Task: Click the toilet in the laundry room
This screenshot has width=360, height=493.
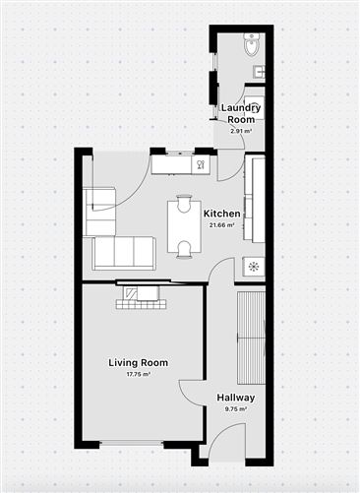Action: tap(252, 43)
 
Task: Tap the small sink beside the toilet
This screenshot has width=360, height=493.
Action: tap(259, 71)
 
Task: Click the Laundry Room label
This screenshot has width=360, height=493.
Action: tap(241, 112)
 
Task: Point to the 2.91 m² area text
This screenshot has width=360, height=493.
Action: tap(241, 130)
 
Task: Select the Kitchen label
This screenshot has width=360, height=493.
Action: tap(222, 214)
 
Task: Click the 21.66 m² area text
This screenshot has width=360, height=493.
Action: tap(222, 225)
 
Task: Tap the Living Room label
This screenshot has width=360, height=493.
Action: tap(138, 363)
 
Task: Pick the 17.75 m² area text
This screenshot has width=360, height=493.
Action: tap(138, 375)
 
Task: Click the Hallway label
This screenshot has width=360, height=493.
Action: tap(236, 398)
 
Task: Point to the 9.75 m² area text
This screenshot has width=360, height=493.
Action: tap(236, 409)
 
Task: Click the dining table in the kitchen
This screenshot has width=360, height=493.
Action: tap(183, 225)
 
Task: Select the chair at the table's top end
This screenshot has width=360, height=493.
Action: tap(183, 202)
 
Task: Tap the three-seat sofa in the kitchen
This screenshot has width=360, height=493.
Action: tap(124, 253)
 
